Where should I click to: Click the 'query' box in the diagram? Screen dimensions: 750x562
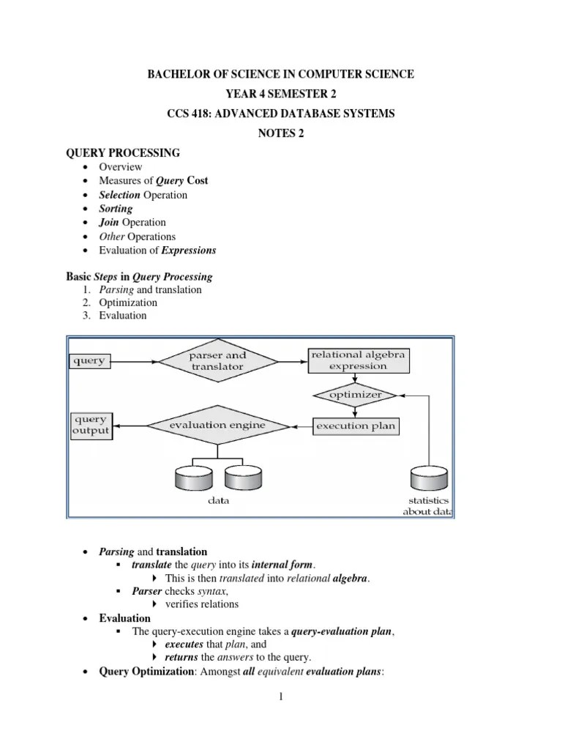point(89,360)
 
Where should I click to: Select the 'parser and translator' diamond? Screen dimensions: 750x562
point(217,360)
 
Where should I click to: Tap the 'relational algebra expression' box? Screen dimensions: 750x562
point(358,360)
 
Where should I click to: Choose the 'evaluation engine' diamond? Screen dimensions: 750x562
point(217,425)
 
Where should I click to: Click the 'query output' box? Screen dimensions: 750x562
point(91,425)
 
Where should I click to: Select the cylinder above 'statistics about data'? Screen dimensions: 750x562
point(428,478)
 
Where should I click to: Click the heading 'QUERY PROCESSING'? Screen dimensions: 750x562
point(123,152)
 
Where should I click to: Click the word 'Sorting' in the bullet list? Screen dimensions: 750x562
point(116,209)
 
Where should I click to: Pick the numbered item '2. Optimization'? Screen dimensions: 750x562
point(128,302)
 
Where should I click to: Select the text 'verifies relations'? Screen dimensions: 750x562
point(202,604)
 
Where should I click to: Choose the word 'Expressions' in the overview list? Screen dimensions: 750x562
point(189,250)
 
